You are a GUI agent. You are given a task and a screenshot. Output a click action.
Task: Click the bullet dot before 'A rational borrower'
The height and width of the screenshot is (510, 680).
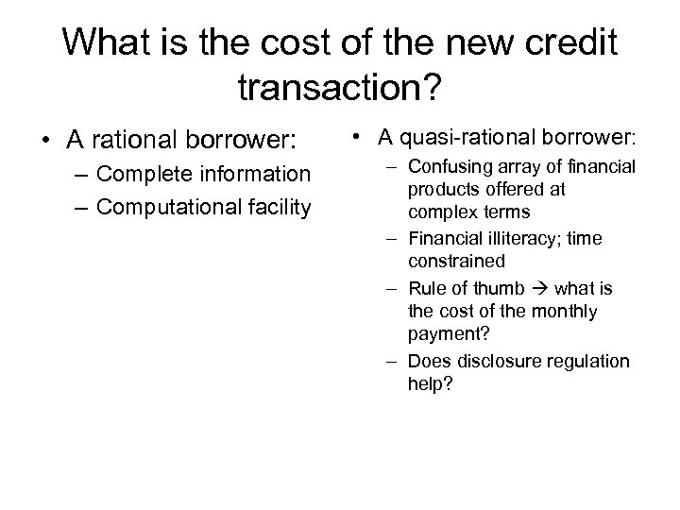[44, 142]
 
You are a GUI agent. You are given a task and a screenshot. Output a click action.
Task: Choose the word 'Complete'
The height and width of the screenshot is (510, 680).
[147, 175]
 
